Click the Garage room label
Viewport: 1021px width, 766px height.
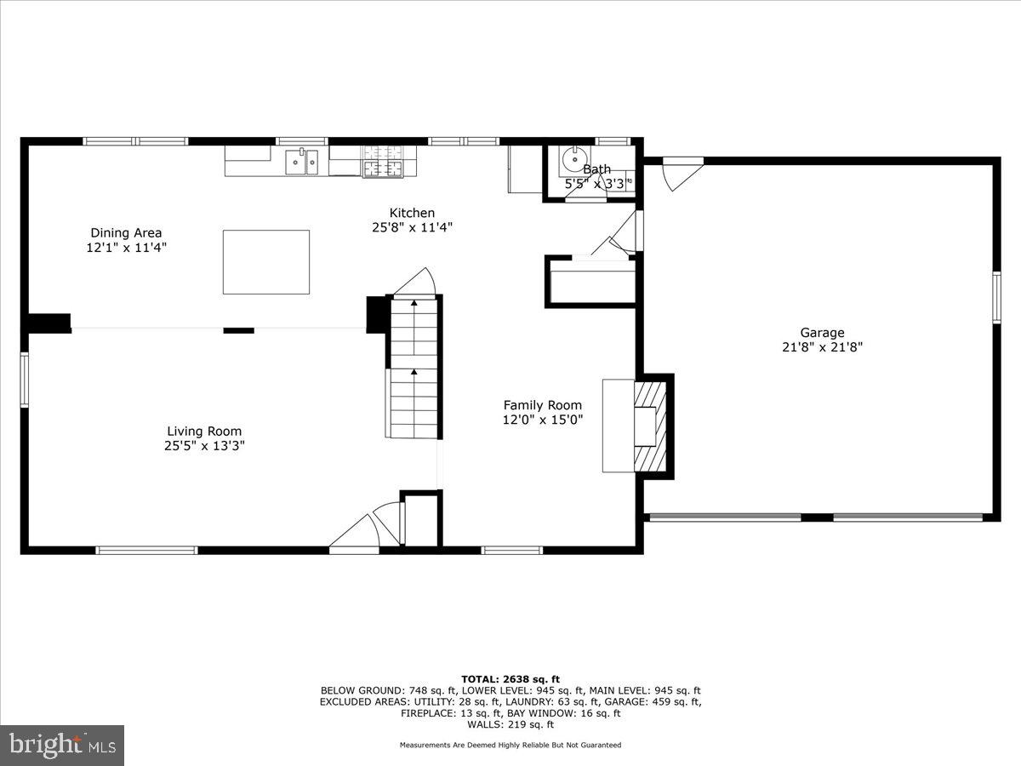click(821, 333)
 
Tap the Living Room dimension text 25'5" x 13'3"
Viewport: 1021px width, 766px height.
click(203, 445)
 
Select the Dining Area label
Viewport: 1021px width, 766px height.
click(126, 232)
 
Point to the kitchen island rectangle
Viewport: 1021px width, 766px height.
click(265, 262)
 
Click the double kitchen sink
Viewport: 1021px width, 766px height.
click(300, 160)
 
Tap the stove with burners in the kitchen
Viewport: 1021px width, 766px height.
click(383, 162)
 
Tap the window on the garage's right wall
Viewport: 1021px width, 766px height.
click(996, 297)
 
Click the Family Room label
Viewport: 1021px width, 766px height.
click(542, 405)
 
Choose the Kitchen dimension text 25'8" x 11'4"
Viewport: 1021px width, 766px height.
click(412, 227)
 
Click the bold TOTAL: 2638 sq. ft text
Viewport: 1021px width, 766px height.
click(510, 678)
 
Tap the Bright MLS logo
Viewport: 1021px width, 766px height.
click(62, 745)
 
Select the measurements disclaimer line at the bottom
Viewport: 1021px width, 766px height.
click(510, 745)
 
